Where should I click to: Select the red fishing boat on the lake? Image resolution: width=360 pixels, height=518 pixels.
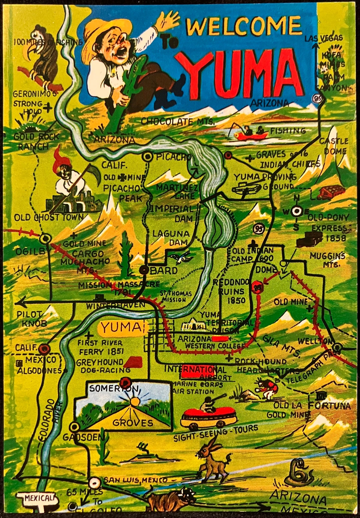(251, 134)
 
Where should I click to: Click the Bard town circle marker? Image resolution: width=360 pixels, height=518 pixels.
(144, 270)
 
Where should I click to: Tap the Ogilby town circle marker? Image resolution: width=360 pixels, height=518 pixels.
(45, 239)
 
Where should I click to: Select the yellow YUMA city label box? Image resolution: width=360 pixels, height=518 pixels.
(121, 327)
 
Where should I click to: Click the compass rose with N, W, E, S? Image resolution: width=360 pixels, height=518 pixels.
(296, 211)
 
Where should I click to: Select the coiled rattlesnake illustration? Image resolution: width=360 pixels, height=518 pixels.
(299, 472)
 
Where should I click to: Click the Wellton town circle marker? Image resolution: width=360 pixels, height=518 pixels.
(337, 347)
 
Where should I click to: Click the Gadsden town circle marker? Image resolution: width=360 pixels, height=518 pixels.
(74, 426)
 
